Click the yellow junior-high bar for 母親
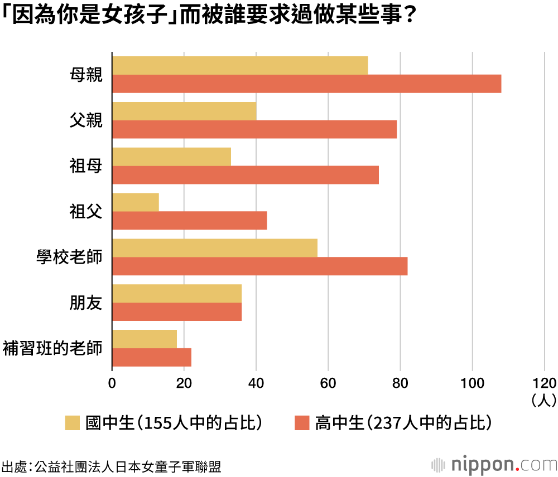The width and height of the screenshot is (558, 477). tap(240, 66)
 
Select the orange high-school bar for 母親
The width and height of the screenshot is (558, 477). tap(306, 84)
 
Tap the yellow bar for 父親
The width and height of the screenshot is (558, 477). tap(184, 111)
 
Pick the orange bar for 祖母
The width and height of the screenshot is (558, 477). tap(246, 175)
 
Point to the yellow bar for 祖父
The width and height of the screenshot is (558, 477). tap(136, 202)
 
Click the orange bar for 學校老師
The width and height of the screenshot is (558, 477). tap(259, 266)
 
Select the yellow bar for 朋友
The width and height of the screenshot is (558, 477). tap(177, 294)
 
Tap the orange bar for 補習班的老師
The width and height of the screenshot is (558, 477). tap(152, 357)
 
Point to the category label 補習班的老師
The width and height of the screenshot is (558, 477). tap(53, 348)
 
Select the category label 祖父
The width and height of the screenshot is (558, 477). tap(86, 211)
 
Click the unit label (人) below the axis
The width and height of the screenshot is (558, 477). tap(544, 400)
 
